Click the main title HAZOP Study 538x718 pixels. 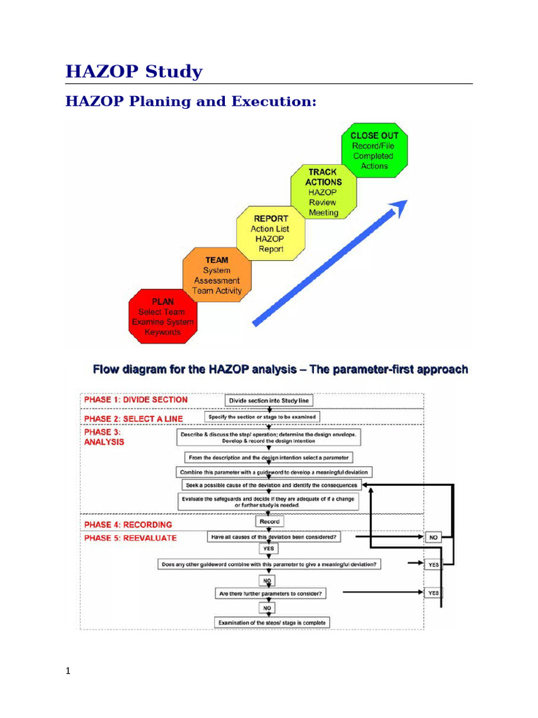(134, 72)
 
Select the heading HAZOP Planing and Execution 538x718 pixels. (191, 102)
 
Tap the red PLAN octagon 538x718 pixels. (163, 317)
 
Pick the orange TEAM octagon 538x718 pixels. (216, 276)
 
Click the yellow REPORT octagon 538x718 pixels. (270, 233)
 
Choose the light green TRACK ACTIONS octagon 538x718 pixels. (323, 192)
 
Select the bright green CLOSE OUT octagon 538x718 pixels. (374, 151)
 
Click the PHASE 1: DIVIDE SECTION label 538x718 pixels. (136, 400)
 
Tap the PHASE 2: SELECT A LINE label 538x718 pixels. (133, 419)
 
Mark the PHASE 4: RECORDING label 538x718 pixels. (127, 524)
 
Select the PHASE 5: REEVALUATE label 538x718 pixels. (130, 538)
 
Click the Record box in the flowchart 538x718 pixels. (269, 522)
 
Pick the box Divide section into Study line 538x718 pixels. (269, 400)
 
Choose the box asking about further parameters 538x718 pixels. (270, 594)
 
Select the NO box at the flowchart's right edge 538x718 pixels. (434, 538)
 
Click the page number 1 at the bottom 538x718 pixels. (68, 672)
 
